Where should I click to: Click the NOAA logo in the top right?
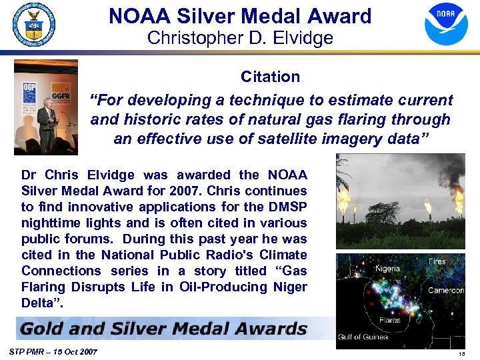[446, 24]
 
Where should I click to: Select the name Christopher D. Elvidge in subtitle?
[240, 38]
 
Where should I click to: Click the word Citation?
[270, 77]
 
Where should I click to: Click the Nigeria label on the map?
[387, 269]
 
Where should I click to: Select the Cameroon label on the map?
[446, 291]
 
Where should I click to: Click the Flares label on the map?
[389, 321]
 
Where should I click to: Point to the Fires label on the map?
[437, 261]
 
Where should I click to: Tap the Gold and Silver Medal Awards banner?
[164, 329]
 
